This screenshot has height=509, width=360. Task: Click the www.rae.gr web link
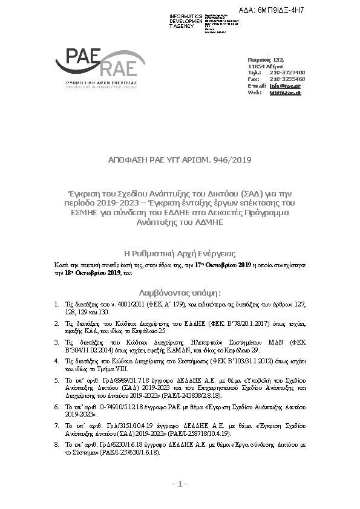pyautogui.click(x=285, y=92)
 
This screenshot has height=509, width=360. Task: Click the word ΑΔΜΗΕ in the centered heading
pyautogui.click(x=208, y=222)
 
